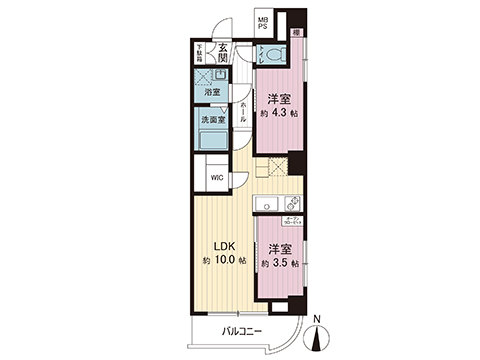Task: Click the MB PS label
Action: click(263, 24)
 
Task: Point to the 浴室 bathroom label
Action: click(212, 93)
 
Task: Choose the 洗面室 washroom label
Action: click(214, 120)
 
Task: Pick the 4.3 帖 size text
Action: click(280, 113)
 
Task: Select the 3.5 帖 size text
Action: click(280, 263)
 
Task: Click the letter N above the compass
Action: click(318, 321)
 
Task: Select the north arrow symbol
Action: click(319, 339)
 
